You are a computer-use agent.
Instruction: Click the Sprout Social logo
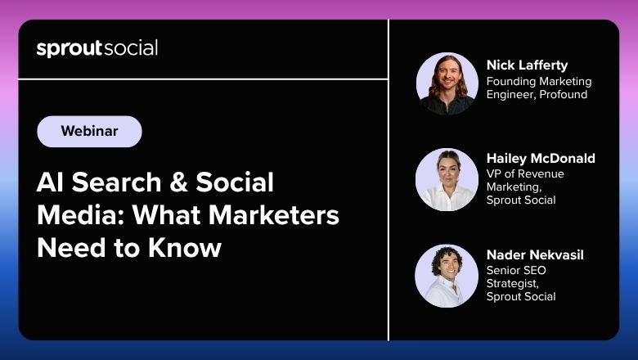pyautogui.click(x=97, y=48)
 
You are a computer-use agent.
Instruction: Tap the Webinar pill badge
pyautogui.click(x=89, y=132)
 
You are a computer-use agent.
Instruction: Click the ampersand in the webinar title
pyautogui.click(x=178, y=182)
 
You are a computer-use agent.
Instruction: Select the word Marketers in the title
pyautogui.click(x=274, y=215)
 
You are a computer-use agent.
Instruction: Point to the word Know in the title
pyautogui.click(x=185, y=248)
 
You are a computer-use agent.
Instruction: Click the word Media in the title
pyautogui.click(x=80, y=215)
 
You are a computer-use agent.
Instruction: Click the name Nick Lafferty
pyautogui.click(x=527, y=65)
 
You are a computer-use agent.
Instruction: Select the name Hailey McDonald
pyautogui.click(x=541, y=158)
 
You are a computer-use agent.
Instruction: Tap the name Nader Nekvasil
pyautogui.click(x=535, y=255)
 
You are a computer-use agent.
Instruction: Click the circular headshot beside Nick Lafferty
pyautogui.click(x=447, y=83)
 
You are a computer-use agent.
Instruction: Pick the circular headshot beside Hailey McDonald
pyautogui.click(x=447, y=180)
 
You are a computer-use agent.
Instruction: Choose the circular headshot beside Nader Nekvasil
pyautogui.click(x=447, y=276)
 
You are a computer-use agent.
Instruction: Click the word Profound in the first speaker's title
pyautogui.click(x=563, y=94)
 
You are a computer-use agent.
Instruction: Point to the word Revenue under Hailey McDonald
pyautogui.click(x=541, y=173)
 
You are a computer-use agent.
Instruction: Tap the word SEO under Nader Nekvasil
pyautogui.click(x=533, y=270)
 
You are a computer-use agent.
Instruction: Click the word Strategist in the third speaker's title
pyautogui.click(x=513, y=284)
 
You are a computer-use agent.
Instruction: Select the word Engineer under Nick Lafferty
pyautogui.click(x=511, y=95)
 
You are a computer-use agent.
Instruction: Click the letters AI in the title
pyautogui.click(x=50, y=182)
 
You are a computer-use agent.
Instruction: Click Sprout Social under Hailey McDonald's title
pyautogui.click(x=521, y=200)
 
